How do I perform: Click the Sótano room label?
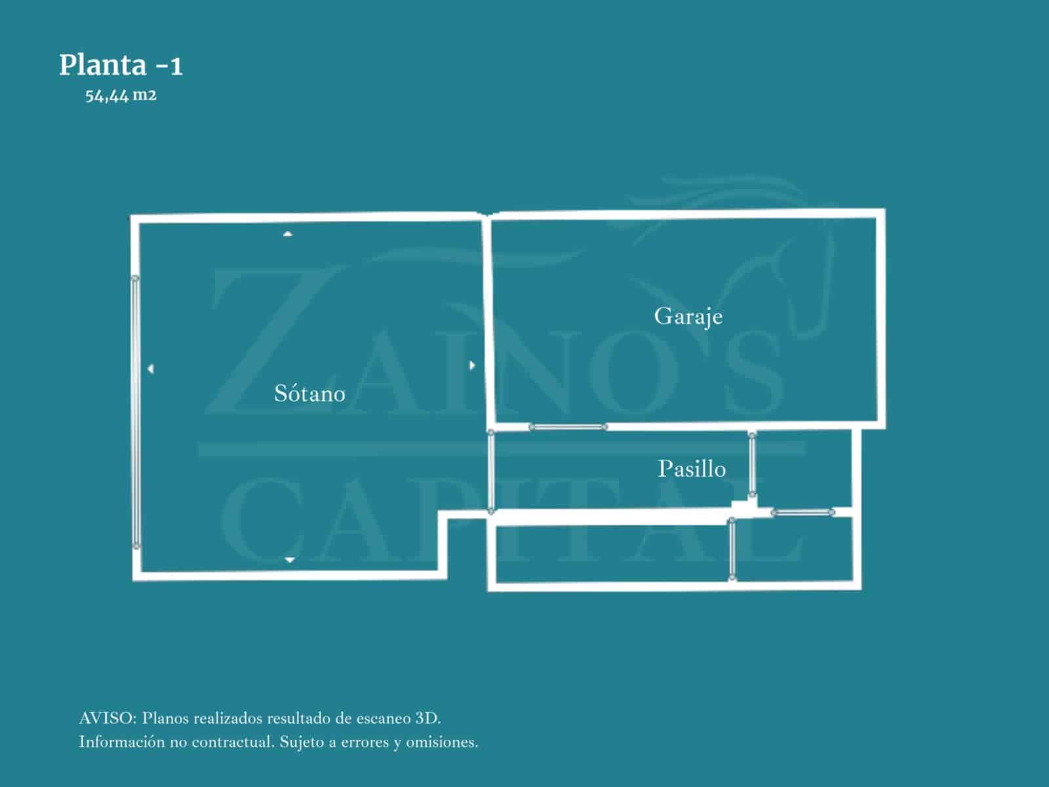(x=309, y=393)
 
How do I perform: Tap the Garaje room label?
(x=688, y=317)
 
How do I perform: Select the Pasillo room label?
(x=692, y=469)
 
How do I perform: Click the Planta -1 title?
(x=121, y=66)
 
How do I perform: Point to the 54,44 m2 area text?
(x=121, y=96)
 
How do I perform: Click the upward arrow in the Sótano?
(x=288, y=233)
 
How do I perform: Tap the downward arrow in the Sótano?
(x=289, y=559)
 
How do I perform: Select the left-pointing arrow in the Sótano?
(x=151, y=369)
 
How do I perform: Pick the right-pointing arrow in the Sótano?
(x=472, y=365)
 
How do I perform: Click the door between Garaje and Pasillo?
(x=568, y=427)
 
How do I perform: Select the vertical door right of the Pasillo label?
(x=753, y=464)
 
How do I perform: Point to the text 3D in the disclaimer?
(x=427, y=718)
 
